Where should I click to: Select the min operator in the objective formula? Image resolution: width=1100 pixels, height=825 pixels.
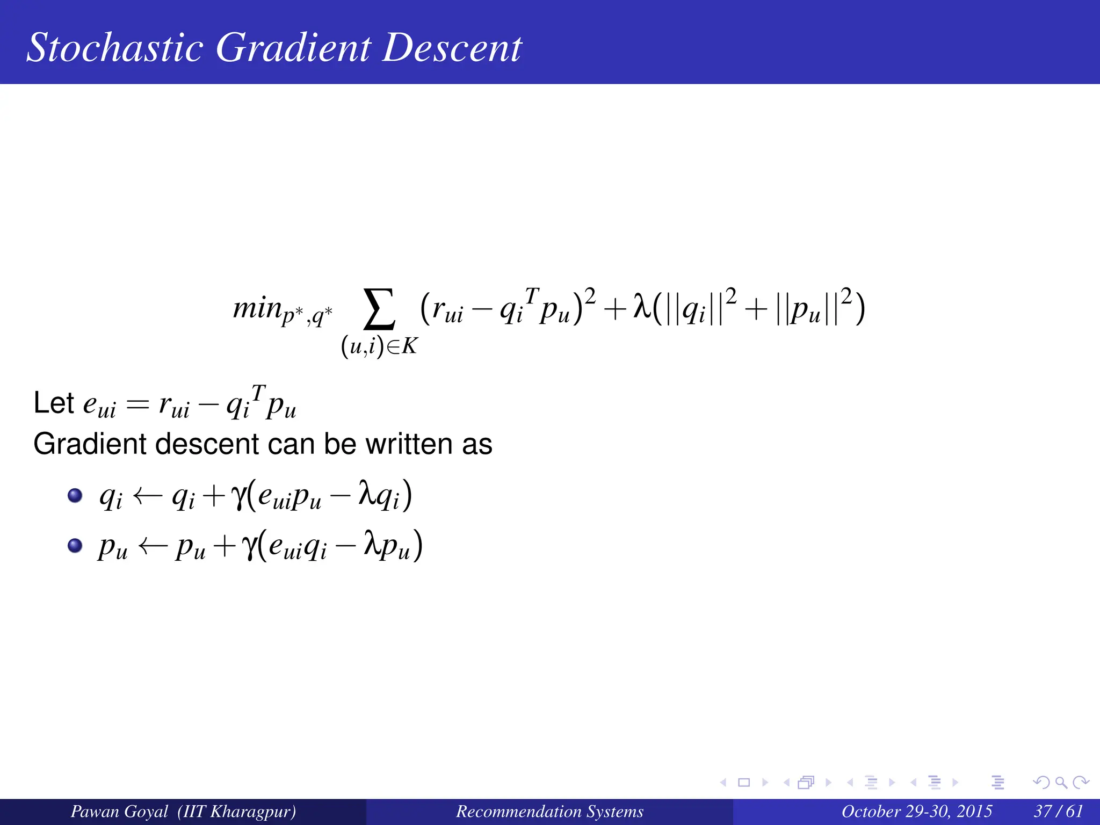(x=257, y=308)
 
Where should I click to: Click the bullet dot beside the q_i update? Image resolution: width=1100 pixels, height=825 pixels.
(x=75, y=495)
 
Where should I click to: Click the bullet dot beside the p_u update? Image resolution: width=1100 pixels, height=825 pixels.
(x=75, y=546)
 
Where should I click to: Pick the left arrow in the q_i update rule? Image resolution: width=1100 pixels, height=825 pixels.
(x=147, y=496)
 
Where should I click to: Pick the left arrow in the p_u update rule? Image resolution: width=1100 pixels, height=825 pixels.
(x=153, y=547)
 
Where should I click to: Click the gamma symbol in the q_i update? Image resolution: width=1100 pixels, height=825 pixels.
(x=237, y=496)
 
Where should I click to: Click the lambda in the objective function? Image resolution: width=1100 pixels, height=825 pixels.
(x=642, y=308)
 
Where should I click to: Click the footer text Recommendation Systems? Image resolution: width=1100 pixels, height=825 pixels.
(x=549, y=811)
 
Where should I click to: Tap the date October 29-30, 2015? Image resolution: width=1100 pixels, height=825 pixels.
(x=916, y=811)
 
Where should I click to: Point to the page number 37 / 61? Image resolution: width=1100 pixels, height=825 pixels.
(x=1058, y=811)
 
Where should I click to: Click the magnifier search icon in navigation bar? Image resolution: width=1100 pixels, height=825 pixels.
(x=1060, y=783)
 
